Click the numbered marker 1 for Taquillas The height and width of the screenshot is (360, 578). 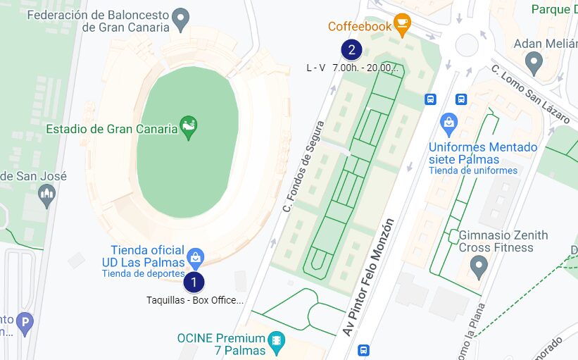[194, 283]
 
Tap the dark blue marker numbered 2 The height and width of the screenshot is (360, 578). [351, 50]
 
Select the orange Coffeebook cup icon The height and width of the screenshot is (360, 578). [401, 24]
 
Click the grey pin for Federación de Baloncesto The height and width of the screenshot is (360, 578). [181, 20]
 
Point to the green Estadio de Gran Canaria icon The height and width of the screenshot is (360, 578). [188, 128]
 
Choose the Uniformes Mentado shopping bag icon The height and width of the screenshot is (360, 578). [448, 124]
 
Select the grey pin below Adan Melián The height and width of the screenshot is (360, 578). [534, 63]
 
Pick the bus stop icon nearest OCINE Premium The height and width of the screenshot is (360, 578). [363, 349]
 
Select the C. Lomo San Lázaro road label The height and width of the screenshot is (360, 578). [530, 94]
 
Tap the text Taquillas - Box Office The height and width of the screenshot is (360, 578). [195, 300]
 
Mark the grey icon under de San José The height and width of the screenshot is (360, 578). [47, 195]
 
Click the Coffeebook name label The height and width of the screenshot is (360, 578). [359, 27]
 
